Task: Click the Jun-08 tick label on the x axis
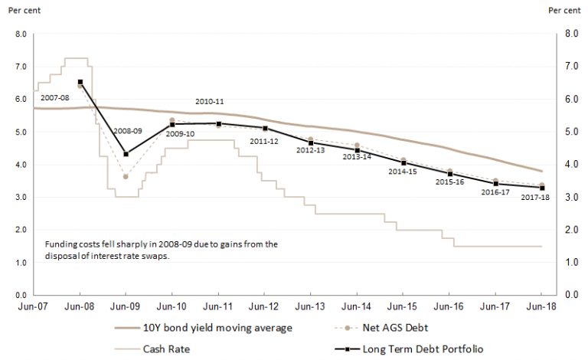point(80,308)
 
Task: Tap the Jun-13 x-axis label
point(310,308)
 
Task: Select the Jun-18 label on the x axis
point(541,308)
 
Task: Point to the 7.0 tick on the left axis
point(21,67)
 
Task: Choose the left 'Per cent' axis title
point(23,11)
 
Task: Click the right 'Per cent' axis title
point(565,11)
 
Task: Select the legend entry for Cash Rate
point(166,349)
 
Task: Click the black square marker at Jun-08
point(80,82)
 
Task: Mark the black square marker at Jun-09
point(126,154)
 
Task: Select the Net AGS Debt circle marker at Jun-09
point(126,176)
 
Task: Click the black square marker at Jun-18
point(541,188)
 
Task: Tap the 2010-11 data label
point(209,101)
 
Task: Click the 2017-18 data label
point(535,198)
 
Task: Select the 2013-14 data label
point(357,156)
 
